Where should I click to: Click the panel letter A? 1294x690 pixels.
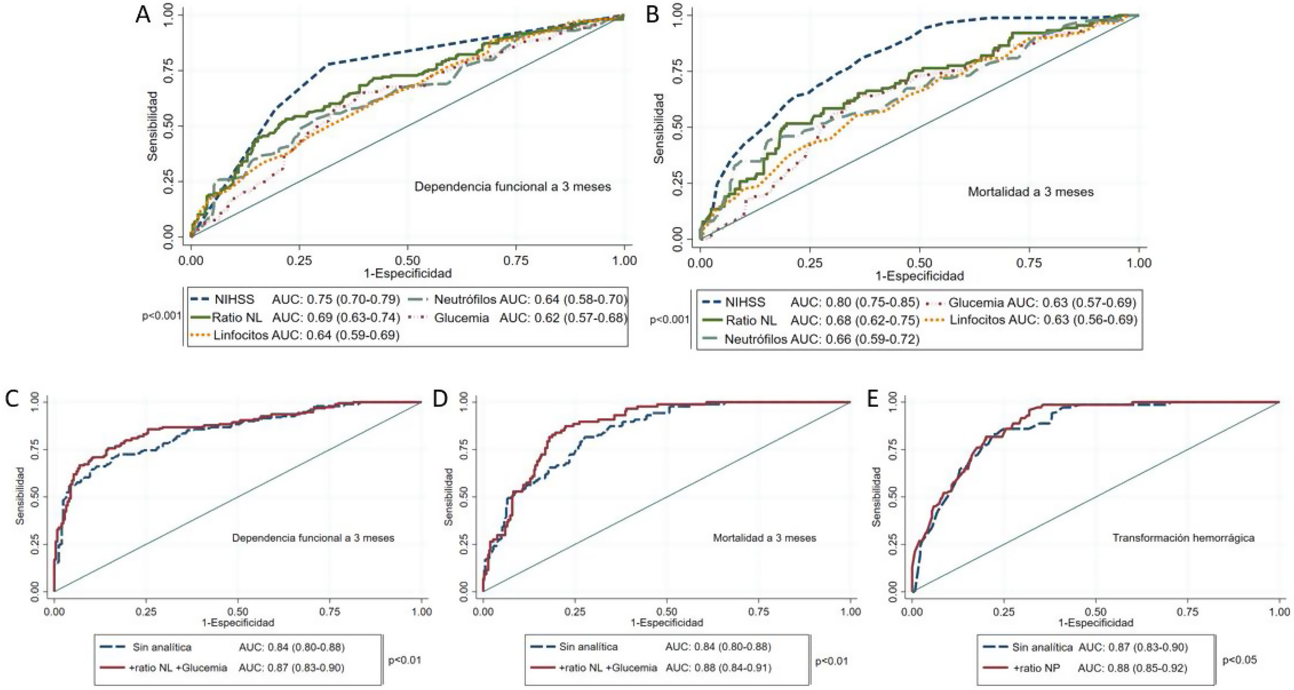[143, 15]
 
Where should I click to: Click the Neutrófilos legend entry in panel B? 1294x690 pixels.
[755, 339]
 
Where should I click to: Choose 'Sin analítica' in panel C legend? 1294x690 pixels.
[162, 647]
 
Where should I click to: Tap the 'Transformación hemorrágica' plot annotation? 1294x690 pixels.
[1183, 538]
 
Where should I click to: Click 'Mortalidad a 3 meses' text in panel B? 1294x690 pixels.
[1030, 192]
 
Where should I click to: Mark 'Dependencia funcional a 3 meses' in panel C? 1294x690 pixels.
[313, 538]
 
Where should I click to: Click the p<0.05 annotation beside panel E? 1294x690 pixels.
[1239, 660]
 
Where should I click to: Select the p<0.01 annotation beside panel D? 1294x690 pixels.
[831, 661]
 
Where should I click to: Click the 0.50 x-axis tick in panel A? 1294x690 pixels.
[408, 260]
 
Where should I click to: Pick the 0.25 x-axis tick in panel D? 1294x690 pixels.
[575, 611]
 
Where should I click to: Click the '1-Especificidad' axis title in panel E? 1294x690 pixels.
[1096, 623]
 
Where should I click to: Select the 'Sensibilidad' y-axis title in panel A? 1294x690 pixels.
[152, 126]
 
